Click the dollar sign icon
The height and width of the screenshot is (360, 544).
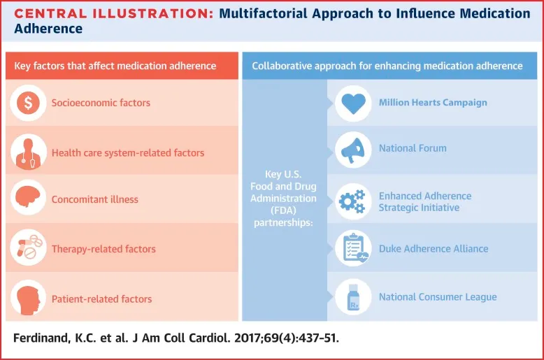click(x=29, y=103)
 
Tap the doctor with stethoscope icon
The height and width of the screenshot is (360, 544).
click(x=29, y=151)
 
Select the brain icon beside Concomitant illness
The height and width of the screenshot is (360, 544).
click(x=29, y=199)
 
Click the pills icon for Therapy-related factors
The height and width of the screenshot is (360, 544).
click(x=29, y=247)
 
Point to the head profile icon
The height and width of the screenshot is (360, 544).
click(x=29, y=298)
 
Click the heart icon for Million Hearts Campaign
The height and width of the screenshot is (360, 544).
click(x=353, y=103)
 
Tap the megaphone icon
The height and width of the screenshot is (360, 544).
click(x=353, y=149)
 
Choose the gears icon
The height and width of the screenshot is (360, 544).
click(x=353, y=201)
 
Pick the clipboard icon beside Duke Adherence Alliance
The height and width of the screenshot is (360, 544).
click(x=353, y=248)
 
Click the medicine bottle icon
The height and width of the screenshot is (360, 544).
click(x=353, y=297)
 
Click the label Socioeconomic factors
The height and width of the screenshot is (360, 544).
click(x=101, y=103)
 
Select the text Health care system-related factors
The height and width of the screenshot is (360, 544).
click(x=127, y=152)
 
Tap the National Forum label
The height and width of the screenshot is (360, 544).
click(x=413, y=148)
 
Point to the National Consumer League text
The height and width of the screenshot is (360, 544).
click(x=438, y=297)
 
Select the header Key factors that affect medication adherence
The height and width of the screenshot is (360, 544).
click(x=115, y=66)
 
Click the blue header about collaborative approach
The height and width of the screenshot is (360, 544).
click(x=387, y=66)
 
